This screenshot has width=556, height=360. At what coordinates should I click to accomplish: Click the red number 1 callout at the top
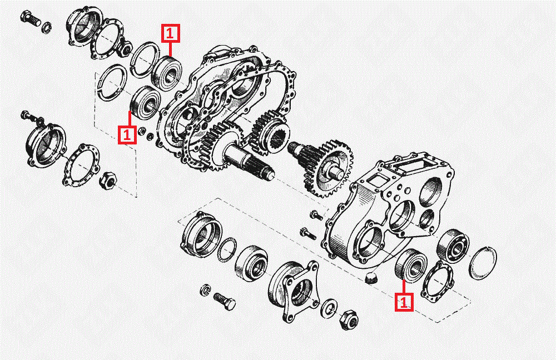tap(171, 33)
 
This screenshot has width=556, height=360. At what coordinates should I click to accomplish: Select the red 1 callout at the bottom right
tap(404, 302)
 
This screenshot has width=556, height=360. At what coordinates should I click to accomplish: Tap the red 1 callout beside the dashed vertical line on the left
tap(127, 134)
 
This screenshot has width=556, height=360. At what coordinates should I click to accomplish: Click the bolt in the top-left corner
tap(31, 17)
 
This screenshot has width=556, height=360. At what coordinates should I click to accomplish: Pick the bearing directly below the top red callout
tap(166, 73)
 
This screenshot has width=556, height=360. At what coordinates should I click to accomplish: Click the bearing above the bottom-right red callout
tap(411, 266)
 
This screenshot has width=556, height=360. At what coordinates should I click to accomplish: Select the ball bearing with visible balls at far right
tap(453, 246)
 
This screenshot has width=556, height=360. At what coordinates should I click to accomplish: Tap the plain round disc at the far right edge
tap(483, 263)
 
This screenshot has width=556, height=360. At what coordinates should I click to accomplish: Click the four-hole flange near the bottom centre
tap(294, 288)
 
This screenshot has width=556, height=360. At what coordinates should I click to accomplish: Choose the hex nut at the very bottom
tap(348, 321)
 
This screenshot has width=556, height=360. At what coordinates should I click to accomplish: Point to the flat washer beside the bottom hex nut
tap(329, 308)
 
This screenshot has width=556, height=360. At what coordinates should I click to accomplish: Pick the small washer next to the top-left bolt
tap(47, 26)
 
